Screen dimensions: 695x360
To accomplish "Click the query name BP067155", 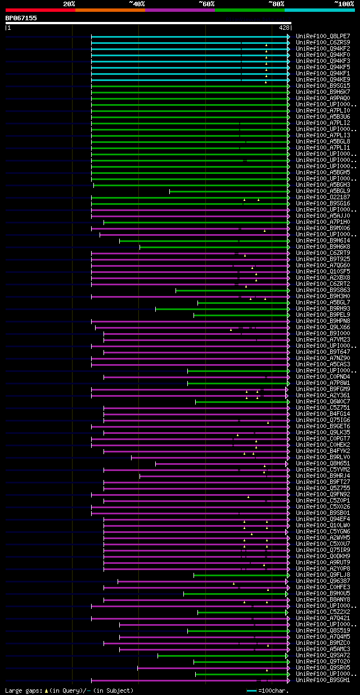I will pos(21,18).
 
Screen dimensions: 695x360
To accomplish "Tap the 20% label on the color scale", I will pos(69,3).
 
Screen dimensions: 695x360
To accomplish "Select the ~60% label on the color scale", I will pos(206,3).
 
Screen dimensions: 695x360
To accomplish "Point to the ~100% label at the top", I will pos(344,3).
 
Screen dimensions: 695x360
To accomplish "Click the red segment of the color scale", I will pos(40,10).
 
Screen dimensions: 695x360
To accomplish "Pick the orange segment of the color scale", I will pos(110,10).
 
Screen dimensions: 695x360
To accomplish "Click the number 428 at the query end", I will pos(284,27).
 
